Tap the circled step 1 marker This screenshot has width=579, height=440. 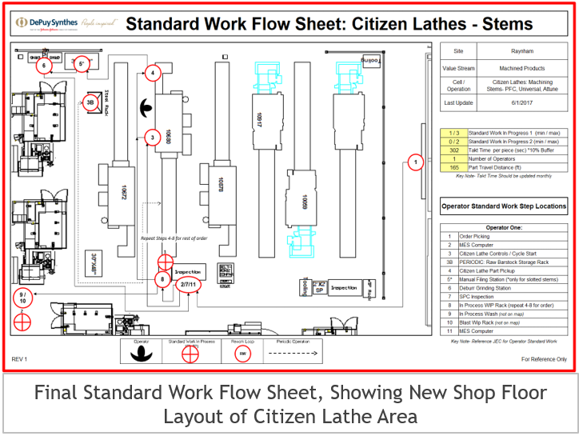click(414, 162)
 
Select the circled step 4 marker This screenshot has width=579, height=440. click(152, 73)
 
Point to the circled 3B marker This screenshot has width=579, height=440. click(90, 102)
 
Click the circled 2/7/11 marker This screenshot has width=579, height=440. click(189, 284)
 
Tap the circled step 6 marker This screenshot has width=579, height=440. click(44, 66)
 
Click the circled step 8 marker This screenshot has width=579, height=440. click(162, 279)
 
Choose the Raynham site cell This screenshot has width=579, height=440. click(521, 50)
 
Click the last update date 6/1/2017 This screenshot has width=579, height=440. click(521, 103)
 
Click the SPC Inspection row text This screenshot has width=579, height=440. click(480, 296)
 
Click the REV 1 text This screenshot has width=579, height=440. click(20, 360)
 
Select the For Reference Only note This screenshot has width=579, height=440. click(544, 360)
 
